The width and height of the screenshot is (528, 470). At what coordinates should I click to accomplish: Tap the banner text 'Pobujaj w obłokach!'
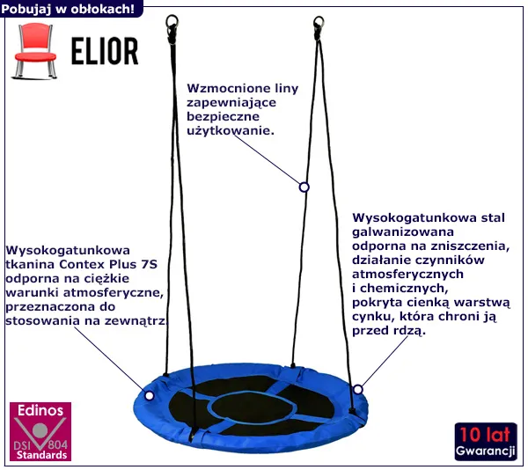click(69, 8)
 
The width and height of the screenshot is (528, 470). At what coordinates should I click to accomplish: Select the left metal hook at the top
click(172, 18)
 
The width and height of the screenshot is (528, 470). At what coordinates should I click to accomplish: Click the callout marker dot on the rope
click(304, 187)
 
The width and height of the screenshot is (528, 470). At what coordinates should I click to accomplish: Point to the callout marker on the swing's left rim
click(149, 395)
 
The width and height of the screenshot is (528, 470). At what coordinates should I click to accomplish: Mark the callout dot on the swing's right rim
click(357, 389)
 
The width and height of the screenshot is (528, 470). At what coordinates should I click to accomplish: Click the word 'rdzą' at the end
click(409, 331)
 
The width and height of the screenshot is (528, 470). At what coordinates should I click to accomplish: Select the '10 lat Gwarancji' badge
click(486, 442)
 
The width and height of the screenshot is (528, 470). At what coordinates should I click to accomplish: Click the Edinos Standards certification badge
click(40, 432)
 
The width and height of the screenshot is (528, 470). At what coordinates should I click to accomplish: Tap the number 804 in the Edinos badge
click(57, 443)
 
